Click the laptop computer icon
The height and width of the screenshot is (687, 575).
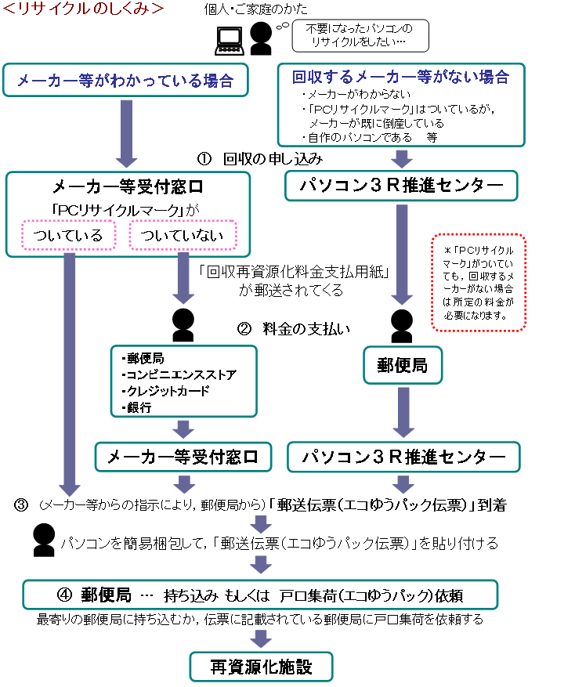[230, 42]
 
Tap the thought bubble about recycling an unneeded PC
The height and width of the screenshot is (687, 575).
[360, 35]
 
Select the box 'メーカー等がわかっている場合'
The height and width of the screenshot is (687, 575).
[126, 80]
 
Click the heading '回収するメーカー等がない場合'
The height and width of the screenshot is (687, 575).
[400, 77]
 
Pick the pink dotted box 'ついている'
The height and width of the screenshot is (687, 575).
[68, 235]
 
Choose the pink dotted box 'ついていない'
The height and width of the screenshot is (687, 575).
[183, 235]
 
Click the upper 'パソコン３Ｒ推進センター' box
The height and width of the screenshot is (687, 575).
[401, 186]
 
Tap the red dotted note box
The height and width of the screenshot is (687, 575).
[478, 283]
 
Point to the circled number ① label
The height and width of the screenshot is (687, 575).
[204, 158]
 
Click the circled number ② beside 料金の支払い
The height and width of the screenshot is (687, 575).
[244, 328]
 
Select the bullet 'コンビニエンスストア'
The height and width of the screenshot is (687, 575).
[179, 374]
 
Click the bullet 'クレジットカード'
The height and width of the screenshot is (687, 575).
[165, 391]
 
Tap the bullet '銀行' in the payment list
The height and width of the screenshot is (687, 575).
[137, 407]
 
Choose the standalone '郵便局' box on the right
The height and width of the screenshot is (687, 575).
[403, 365]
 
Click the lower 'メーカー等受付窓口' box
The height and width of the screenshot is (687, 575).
[183, 457]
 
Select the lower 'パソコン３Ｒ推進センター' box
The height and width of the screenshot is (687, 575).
[403, 457]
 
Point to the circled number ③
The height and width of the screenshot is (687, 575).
[21, 505]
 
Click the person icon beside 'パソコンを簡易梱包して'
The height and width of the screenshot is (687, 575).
[44, 541]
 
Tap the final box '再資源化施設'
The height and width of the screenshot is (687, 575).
[261, 667]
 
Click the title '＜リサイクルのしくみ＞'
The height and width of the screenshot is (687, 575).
[83, 9]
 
